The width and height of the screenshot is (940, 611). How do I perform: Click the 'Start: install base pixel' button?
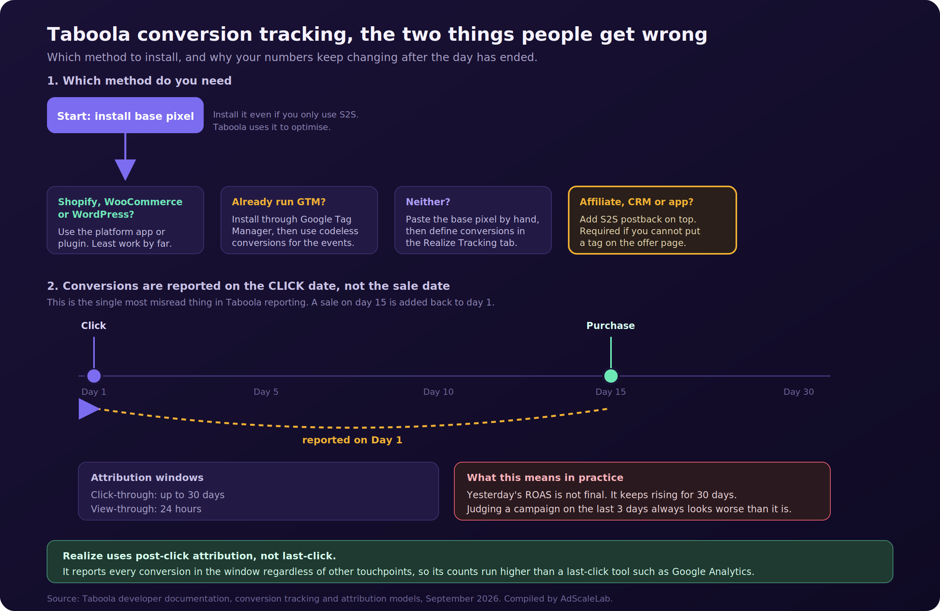coord(125,115)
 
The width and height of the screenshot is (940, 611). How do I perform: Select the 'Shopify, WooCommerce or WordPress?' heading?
coord(120,208)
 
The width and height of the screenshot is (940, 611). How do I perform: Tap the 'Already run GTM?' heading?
coord(278,202)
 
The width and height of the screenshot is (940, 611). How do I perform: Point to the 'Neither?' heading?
coord(428,202)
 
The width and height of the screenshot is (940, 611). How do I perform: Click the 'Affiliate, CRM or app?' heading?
coord(636,202)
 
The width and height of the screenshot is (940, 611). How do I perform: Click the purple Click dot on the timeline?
coord(94,376)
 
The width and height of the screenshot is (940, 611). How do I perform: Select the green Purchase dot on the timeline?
coord(611,376)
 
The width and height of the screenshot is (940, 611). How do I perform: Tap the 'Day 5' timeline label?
coord(266,392)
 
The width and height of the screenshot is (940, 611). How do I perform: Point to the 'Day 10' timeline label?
coord(438,392)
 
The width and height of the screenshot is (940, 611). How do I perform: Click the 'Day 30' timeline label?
coord(799,392)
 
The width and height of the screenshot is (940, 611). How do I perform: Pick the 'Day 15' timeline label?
coord(611,392)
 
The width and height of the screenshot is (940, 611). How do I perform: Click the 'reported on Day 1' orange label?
coord(352,440)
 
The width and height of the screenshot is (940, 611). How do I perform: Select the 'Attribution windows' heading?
coord(147,477)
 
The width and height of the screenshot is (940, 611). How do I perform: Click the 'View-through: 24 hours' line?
coord(146,509)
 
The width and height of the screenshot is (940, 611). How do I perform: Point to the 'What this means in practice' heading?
coord(545,477)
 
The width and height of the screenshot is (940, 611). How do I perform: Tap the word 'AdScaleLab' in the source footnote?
coord(585,599)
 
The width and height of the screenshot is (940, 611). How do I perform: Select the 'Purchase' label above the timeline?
coord(611,325)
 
